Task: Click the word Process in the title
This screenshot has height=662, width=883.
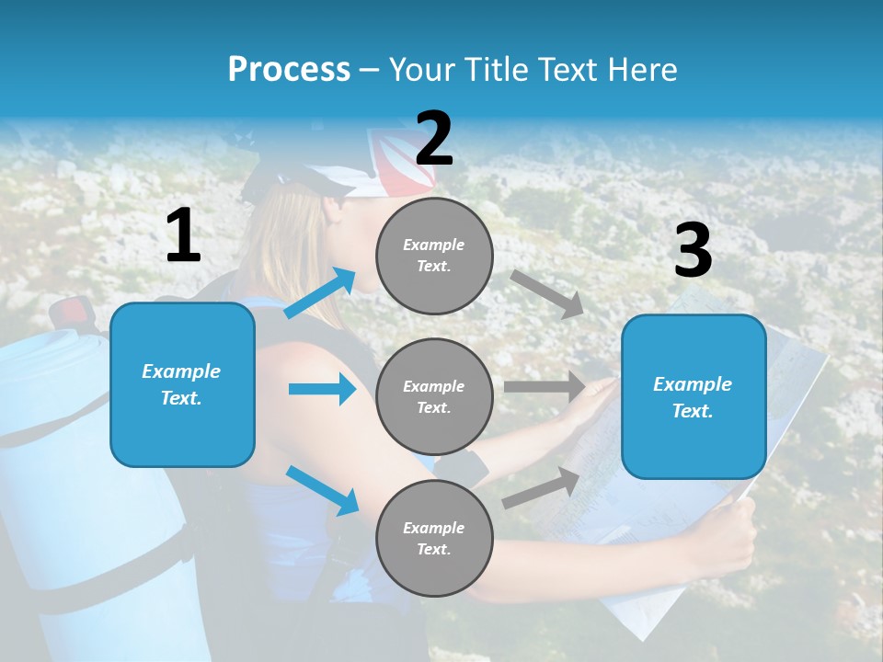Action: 289,69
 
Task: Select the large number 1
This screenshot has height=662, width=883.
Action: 183,236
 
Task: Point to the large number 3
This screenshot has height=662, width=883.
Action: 693,251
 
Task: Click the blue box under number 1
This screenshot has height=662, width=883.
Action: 182,384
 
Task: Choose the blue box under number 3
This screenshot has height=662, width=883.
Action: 694,396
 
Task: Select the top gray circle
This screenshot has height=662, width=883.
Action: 434,255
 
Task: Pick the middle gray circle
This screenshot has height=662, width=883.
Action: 434,396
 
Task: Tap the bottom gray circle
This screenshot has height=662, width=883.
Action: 434,538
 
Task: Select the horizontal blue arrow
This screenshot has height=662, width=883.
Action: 322,389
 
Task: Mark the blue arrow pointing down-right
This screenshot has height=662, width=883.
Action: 322,490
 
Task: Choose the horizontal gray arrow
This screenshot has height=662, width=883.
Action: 545,386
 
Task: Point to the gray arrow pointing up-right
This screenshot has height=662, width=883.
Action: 541,487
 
